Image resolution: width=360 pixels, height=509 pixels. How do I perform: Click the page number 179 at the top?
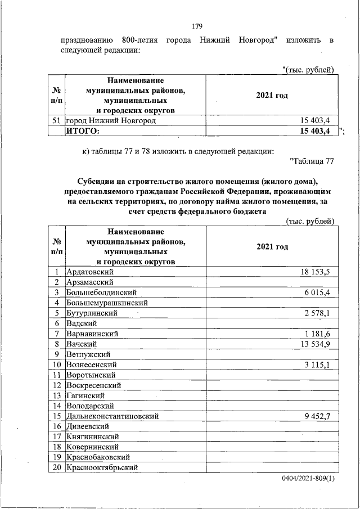tap(197, 26)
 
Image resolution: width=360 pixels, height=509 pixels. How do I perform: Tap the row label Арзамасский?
tap(90, 282)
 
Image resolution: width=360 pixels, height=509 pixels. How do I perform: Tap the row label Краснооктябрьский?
tap(102, 467)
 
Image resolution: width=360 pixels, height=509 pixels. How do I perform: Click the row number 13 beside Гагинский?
tap(57, 395)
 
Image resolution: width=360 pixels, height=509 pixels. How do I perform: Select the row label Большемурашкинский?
tap(107, 303)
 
